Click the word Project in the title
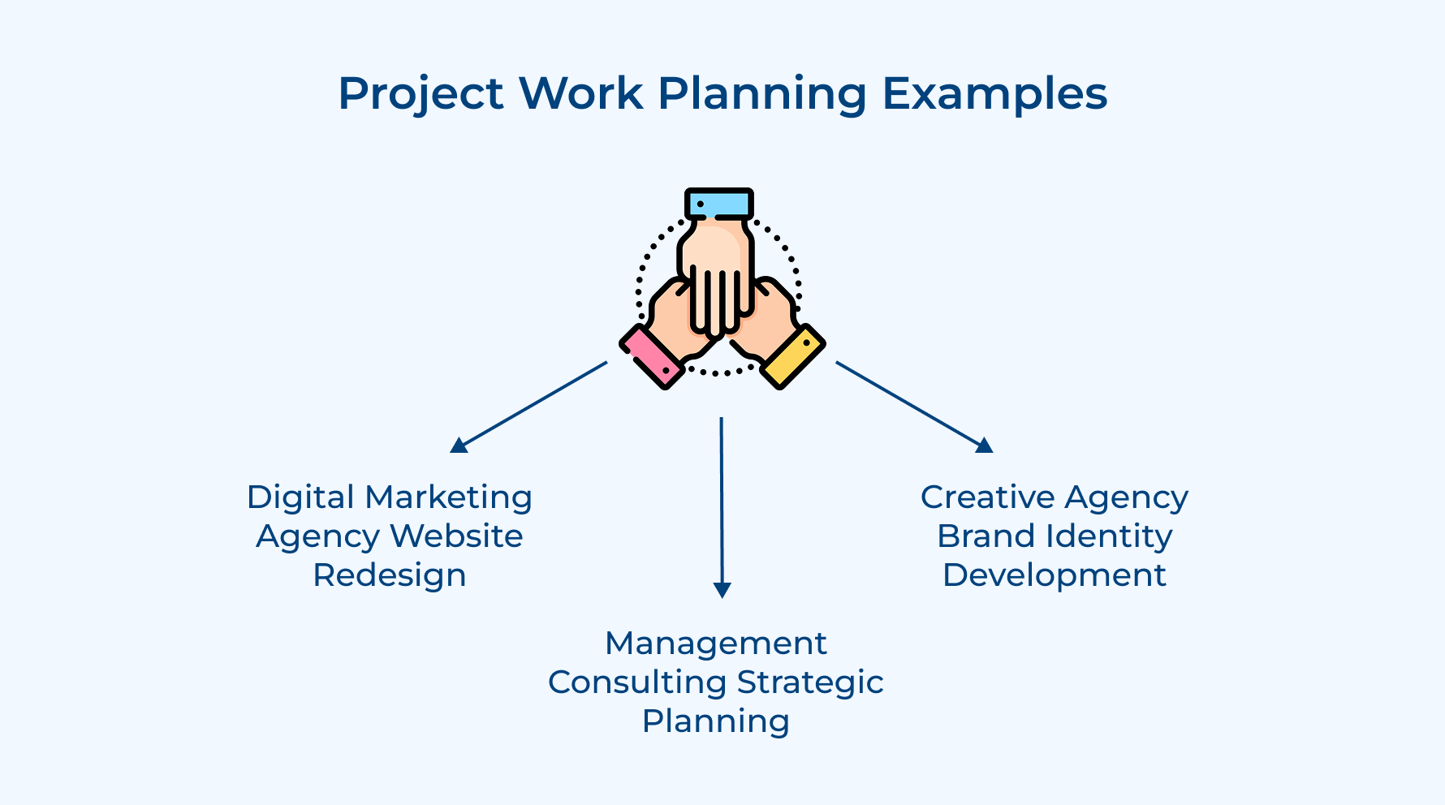coord(421,94)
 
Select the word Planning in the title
coord(762,94)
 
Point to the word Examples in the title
coord(994,94)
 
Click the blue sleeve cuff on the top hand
coord(719,204)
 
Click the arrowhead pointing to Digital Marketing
coord(459,445)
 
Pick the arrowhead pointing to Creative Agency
coord(984,445)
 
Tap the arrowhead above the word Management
coord(722,590)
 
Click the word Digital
coord(300,497)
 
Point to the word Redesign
coord(390,575)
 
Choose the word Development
coord(1055,575)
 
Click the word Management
coord(716,644)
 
